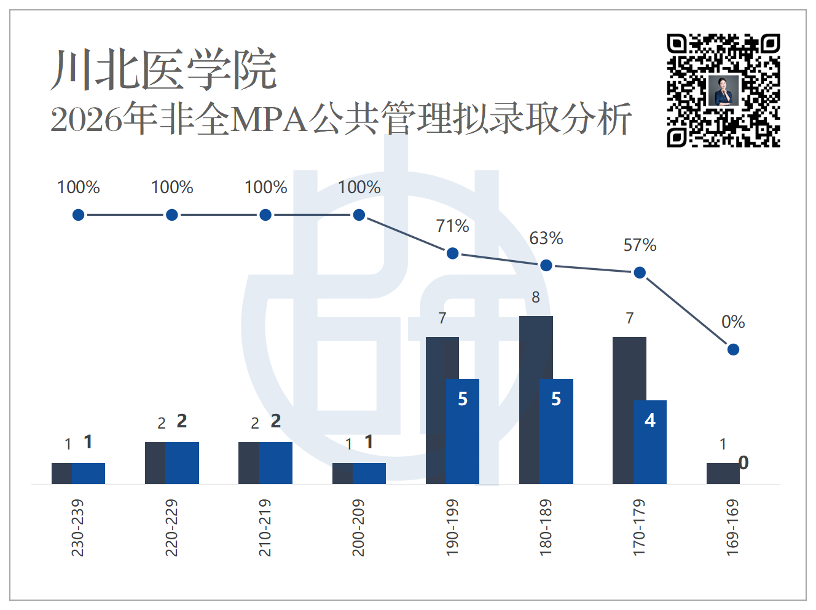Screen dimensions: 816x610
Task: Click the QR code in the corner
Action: pos(723,90)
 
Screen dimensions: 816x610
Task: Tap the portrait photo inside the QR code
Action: pos(723,90)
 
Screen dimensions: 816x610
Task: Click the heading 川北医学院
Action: pos(164,69)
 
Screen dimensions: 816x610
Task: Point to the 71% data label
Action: pos(452,226)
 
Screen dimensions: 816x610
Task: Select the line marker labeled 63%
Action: pos(546,266)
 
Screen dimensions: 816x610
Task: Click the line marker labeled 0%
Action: pos(733,350)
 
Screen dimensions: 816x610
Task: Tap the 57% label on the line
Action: pos(640,245)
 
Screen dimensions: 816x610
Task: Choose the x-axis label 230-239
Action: pos(77,528)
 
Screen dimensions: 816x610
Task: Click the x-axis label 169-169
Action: pos(732,528)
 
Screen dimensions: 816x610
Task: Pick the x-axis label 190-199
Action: pos(452,528)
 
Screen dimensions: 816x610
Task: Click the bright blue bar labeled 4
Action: pos(650,442)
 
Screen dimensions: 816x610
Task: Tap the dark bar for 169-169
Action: pos(723,473)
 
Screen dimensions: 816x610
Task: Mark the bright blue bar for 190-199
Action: pos(463,431)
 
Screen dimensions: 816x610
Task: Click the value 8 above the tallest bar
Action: pos(536,297)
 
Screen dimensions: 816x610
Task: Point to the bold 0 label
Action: pos(743,462)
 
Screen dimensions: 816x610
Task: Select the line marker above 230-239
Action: pos(79,215)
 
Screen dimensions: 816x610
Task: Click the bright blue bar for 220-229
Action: pos(182,462)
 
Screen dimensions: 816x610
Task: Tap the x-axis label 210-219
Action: pos(265,528)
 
